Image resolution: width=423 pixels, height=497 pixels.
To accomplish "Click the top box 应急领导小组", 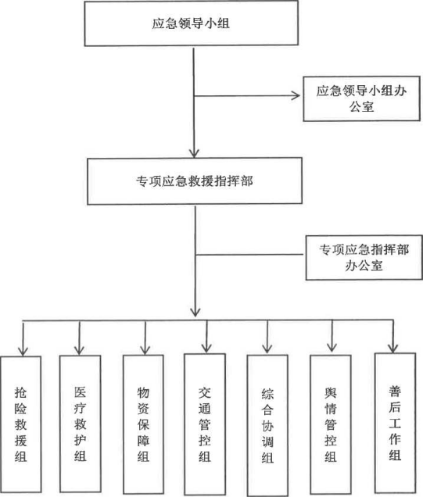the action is click(192, 23).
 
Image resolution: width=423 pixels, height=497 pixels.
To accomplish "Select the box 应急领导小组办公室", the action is click(362, 98).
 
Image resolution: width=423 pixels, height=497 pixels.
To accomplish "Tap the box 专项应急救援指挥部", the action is click(195, 181).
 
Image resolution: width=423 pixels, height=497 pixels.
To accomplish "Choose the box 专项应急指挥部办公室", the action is click(364, 257).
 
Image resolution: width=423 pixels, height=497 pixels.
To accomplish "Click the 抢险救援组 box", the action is click(21, 424).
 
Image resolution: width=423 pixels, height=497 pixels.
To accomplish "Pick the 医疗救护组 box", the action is click(81, 424).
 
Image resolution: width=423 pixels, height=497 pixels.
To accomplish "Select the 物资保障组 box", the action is click(143, 424).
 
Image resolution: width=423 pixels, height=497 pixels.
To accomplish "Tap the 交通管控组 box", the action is click(205, 424).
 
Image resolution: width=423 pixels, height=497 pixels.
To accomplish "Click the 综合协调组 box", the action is click(267, 425).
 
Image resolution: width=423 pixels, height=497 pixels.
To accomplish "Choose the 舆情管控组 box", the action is click(331, 425).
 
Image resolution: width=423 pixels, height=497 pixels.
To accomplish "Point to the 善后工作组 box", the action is click(395, 423).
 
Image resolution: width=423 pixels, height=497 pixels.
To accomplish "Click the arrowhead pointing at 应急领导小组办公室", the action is click(296, 95).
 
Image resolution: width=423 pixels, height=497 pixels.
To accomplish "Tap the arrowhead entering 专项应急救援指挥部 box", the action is click(194, 153).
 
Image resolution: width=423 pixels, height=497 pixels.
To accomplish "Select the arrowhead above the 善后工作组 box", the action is click(393, 348).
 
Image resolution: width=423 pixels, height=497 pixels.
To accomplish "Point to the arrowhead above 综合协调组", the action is click(267, 349).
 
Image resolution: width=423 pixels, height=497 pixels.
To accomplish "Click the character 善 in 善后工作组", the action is click(395, 391).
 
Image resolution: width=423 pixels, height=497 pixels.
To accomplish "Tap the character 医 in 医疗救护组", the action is click(81, 392).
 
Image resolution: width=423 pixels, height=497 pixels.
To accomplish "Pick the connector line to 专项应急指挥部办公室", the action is click(250, 255).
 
